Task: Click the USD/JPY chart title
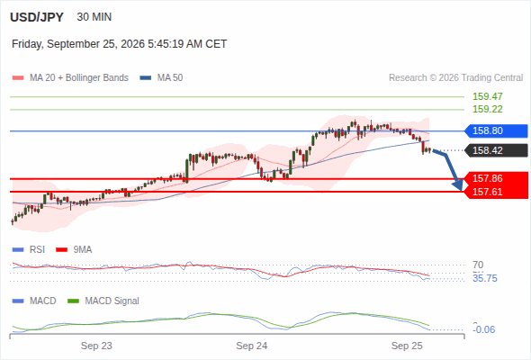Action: [37, 17]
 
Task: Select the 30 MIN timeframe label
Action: [94, 17]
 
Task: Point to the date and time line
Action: [119, 44]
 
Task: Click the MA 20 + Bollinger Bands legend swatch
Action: [18, 78]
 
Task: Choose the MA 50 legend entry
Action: [161, 78]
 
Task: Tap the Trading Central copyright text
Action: [455, 78]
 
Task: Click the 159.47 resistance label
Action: [488, 96]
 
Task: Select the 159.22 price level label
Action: [488, 109]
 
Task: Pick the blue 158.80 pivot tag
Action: [496, 130]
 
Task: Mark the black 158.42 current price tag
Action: [496, 150]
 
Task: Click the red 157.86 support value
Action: [488, 178]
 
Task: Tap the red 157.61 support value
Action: [488, 192]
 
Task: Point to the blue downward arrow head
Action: [458, 184]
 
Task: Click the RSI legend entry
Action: [29, 249]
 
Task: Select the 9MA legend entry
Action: [74, 249]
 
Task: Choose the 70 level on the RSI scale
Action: [478, 265]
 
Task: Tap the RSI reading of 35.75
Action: [485, 278]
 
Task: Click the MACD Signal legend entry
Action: [103, 301]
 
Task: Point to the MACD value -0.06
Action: [483, 329]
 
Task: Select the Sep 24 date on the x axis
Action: [252, 346]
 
